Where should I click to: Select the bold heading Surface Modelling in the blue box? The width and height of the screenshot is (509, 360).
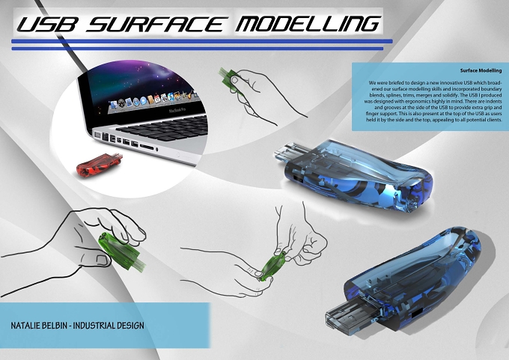coord(481,70)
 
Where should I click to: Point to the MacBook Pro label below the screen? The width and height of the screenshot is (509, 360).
coord(177,110)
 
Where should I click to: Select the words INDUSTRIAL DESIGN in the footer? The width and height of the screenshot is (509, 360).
coord(109,326)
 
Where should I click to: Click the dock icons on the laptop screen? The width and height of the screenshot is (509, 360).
coord(153,100)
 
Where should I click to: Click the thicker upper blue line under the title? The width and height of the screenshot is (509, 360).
coord(202,41)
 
